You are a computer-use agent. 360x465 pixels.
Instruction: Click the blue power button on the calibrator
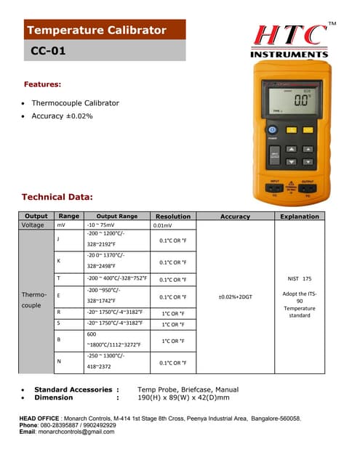(273, 129)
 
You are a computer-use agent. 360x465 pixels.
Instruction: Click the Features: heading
(42, 84)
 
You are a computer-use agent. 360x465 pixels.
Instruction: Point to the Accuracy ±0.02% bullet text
(62, 116)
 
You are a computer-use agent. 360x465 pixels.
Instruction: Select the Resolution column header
(173, 217)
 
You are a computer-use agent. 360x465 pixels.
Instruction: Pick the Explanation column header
(299, 217)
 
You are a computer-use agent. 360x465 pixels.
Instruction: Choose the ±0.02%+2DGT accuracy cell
(235, 296)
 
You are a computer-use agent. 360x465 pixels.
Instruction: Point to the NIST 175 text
(299, 278)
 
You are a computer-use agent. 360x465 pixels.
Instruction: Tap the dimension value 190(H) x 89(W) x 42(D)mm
(183, 397)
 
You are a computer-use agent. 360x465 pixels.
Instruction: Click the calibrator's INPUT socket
(275, 187)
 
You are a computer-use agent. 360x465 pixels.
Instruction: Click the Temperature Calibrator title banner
(97, 31)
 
